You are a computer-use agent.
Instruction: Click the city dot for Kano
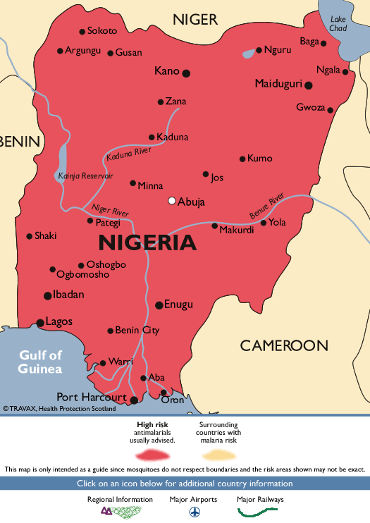tap(186, 73)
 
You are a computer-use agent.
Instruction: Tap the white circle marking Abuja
tap(171, 201)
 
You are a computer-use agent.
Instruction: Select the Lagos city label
tap(58, 322)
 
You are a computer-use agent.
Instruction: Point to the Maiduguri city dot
tap(309, 85)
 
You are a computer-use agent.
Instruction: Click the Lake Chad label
tap(338, 24)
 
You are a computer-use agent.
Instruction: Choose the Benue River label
tap(266, 205)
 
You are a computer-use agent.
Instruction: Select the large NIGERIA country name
tap(147, 243)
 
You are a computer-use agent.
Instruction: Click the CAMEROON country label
tap(284, 345)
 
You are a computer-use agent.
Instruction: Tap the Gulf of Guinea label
tap(40, 362)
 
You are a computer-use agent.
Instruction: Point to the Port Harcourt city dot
tap(134, 399)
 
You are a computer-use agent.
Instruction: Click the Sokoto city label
tap(102, 31)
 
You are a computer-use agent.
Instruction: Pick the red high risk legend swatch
tap(156, 454)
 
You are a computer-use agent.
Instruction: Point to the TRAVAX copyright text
tap(59, 408)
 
